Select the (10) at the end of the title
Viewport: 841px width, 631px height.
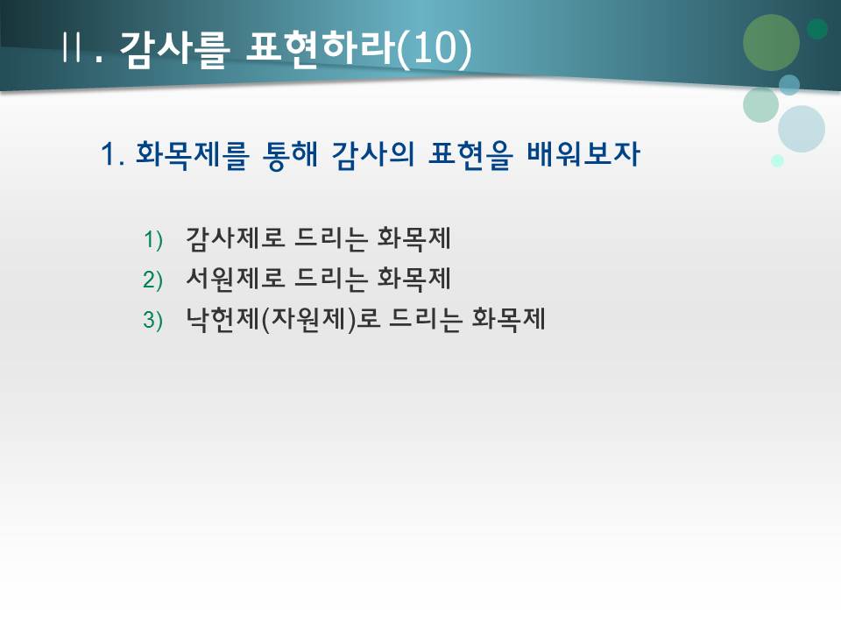click(x=434, y=47)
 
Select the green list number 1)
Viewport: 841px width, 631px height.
click(x=153, y=239)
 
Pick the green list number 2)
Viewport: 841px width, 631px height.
click(x=153, y=280)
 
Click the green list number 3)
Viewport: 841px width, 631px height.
click(x=153, y=321)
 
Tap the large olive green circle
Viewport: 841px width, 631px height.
click(x=771, y=42)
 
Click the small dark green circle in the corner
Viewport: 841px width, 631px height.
click(x=817, y=29)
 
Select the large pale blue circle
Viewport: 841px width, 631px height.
click(x=801, y=129)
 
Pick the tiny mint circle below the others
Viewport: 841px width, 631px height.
click(x=777, y=160)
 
